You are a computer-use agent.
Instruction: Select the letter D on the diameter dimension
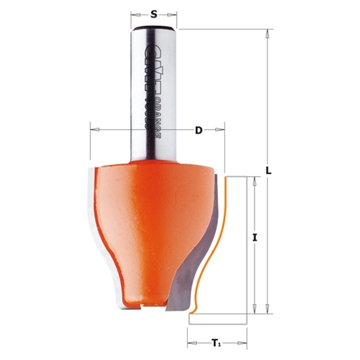click(198, 130)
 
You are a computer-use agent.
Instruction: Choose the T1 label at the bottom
click(217, 342)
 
